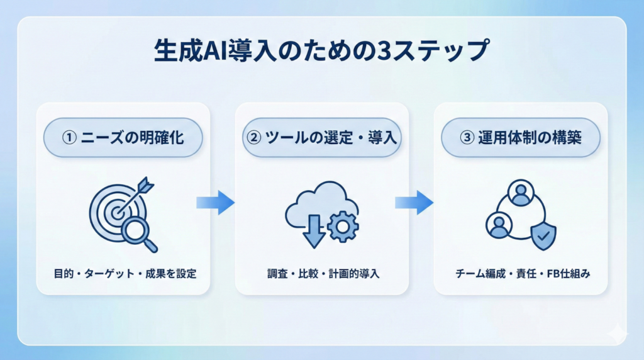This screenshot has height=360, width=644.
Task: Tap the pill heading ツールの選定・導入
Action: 322,137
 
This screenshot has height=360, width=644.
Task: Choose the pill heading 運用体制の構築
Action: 521,137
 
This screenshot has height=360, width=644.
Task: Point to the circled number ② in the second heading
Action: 255,137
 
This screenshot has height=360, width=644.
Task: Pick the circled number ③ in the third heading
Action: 467,137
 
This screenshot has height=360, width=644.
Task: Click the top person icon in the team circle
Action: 521,193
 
